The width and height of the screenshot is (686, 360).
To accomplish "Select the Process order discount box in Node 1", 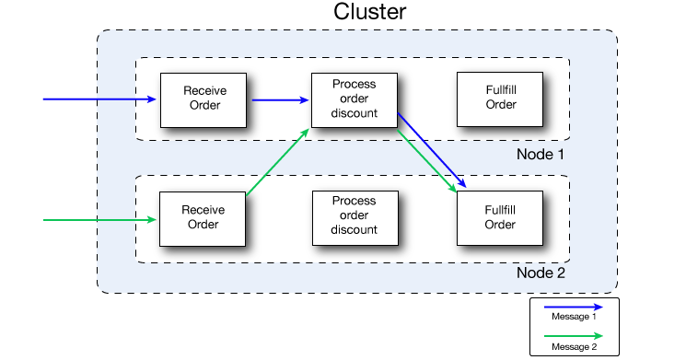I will pos(355,98).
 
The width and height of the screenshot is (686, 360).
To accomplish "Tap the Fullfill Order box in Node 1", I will pos(501,98).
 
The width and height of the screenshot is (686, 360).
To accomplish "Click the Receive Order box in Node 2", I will pos(203,217).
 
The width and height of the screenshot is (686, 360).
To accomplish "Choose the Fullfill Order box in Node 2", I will pos(500,217).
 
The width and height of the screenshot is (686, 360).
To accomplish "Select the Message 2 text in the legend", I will pos(574,346).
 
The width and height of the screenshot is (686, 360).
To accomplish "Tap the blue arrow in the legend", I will pos(573,307).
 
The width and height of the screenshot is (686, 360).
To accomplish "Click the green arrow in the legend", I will pos(573,335).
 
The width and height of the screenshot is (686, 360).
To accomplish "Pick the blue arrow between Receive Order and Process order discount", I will pos(279,99).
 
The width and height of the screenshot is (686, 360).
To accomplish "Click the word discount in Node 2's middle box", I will pos(355,229).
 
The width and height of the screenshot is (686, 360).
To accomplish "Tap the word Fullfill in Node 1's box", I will pos(501,90).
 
